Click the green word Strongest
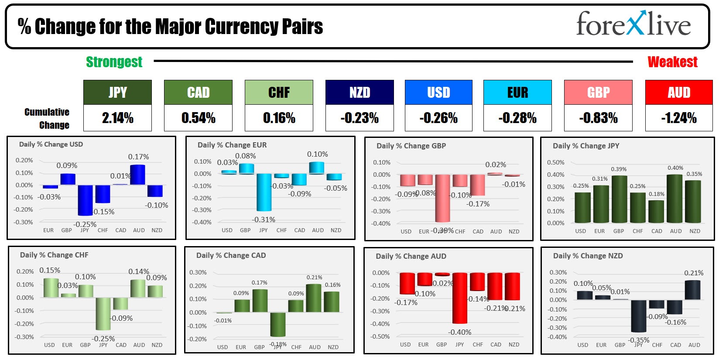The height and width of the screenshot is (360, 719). [x=114, y=62]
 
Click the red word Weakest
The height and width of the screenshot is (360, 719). [x=672, y=62]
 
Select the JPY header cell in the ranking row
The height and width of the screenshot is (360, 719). [x=117, y=92]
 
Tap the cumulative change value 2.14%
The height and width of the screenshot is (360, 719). [x=117, y=118]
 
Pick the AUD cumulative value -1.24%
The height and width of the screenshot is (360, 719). [x=678, y=118]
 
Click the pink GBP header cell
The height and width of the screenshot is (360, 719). [x=598, y=92]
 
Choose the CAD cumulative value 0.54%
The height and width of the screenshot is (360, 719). [x=198, y=118]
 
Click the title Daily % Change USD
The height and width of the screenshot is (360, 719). [x=51, y=144]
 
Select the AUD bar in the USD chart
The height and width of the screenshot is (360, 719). [x=137, y=175]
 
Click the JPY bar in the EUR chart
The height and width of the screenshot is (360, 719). [x=264, y=192]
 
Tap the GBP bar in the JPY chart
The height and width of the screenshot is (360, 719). [x=619, y=199]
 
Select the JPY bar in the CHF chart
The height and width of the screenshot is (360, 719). [x=103, y=313]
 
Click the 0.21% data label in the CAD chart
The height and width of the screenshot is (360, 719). [x=314, y=277]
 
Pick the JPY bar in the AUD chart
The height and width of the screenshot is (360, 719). [x=460, y=298]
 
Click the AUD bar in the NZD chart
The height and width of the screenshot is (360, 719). [x=692, y=290]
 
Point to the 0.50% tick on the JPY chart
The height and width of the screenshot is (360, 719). [x=555, y=162]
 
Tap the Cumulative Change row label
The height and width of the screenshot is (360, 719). [x=47, y=118]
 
